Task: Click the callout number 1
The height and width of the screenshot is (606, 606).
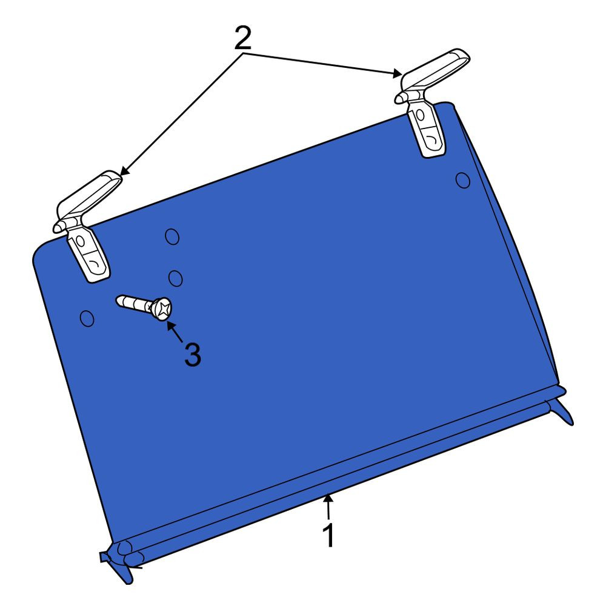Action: tap(328, 535)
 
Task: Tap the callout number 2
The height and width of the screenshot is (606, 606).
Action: tap(243, 38)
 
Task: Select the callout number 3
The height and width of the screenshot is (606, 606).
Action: tap(193, 354)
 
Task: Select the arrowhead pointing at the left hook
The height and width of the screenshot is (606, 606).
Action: tap(125, 170)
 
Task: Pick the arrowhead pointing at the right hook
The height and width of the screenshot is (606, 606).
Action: tap(397, 73)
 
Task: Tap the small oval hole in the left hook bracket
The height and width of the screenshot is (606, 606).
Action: tap(81, 241)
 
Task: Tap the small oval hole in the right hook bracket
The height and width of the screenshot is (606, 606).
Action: tap(421, 115)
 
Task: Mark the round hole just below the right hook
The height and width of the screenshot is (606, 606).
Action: tap(463, 181)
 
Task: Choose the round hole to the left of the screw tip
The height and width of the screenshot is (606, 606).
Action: tap(87, 318)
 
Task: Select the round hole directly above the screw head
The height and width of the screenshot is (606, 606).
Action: tap(176, 278)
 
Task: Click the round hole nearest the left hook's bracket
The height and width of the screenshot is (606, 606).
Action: tap(172, 236)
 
